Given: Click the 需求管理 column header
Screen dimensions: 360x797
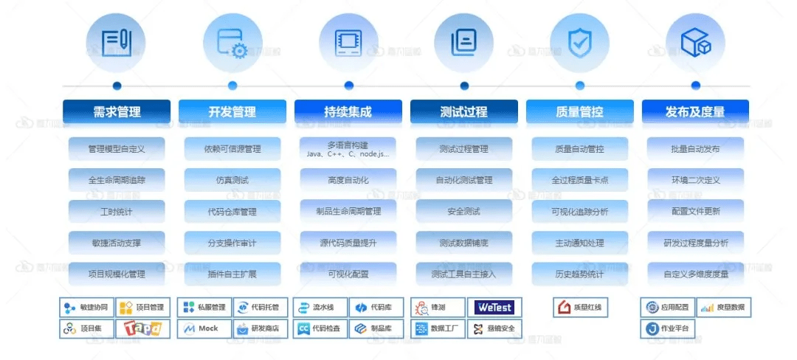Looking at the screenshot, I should (x=117, y=112).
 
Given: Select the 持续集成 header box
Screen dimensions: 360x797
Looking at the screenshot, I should (x=348, y=112).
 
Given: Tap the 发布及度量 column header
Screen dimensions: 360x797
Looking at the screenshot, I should (x=695, y=112).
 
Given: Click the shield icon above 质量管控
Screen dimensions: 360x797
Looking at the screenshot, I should (x=579, y=43).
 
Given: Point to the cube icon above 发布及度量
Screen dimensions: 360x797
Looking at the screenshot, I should (x=695, y=43).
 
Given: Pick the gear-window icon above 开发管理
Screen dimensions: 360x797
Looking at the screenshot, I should (x=232, y=43).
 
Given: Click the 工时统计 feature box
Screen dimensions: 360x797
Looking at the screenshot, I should (x=117, y=212).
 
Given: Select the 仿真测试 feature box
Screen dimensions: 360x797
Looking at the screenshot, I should (x=232, y=180).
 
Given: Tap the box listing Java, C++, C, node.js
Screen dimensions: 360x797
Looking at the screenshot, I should (x=348, y=149).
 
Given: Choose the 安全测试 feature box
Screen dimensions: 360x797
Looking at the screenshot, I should (x=463, y=212).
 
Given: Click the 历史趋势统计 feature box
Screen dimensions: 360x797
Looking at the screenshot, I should (x=579, y=274).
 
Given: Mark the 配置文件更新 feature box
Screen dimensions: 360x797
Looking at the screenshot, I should (x=695, y=212).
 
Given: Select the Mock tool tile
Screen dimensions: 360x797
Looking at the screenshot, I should (x=203, y=328).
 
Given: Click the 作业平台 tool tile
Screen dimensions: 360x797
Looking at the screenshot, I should (x=667, y=328).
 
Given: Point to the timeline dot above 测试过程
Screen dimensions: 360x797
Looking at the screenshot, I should (x=463, y=86).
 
